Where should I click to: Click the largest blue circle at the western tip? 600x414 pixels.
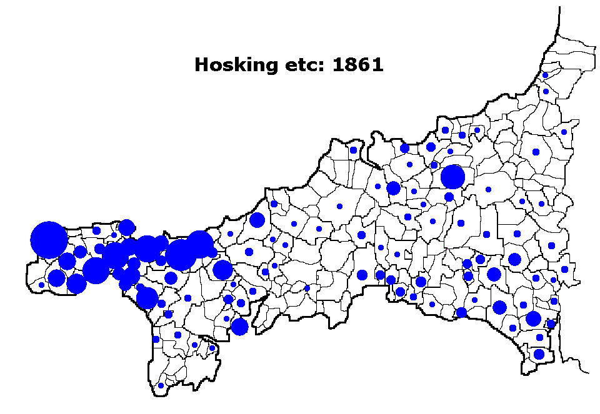click(48, 240)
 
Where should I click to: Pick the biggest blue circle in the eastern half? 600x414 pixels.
click(452, 177)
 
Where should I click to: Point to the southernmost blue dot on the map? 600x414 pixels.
click(161, 385)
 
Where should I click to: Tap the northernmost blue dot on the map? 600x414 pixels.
click(545, 75)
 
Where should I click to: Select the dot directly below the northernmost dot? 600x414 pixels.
click(546, 91)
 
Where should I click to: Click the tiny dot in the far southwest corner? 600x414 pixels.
click(41, 285)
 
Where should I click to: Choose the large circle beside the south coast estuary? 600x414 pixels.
click(239, 327)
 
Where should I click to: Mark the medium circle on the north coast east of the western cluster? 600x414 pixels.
click(257, 220)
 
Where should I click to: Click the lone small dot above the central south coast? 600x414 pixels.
click(307, 288)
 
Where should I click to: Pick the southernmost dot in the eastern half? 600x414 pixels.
click(539, 354)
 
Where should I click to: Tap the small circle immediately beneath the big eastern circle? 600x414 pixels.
click(449, 197)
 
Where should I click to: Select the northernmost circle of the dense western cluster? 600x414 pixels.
click(126, 227)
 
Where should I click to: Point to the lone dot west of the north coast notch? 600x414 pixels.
click(353, 150)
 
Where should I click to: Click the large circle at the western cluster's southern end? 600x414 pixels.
click(147, 298)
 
